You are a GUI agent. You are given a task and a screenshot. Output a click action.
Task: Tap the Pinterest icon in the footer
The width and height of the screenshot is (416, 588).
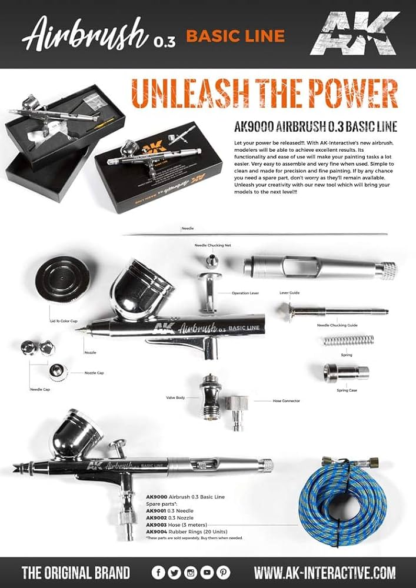point(223,572)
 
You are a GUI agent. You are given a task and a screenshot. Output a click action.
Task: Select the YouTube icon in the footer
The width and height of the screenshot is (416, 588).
point(207,572)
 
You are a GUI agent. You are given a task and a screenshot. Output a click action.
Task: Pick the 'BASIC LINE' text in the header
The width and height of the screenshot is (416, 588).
point(235,36)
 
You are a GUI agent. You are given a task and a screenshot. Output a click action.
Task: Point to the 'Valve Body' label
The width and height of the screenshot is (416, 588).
point(175,398)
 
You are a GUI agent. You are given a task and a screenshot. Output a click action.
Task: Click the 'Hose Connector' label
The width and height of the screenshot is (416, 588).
point(286,400)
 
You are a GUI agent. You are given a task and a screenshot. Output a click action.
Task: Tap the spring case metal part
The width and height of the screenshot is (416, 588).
point(345,372)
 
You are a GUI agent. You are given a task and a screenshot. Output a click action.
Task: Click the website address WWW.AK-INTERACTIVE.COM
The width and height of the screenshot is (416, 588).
point(324,572)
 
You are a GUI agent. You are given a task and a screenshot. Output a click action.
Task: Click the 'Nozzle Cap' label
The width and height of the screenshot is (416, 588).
point(94,373)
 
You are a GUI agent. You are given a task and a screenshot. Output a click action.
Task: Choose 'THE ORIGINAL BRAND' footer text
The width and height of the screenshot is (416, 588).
point(75,572)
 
